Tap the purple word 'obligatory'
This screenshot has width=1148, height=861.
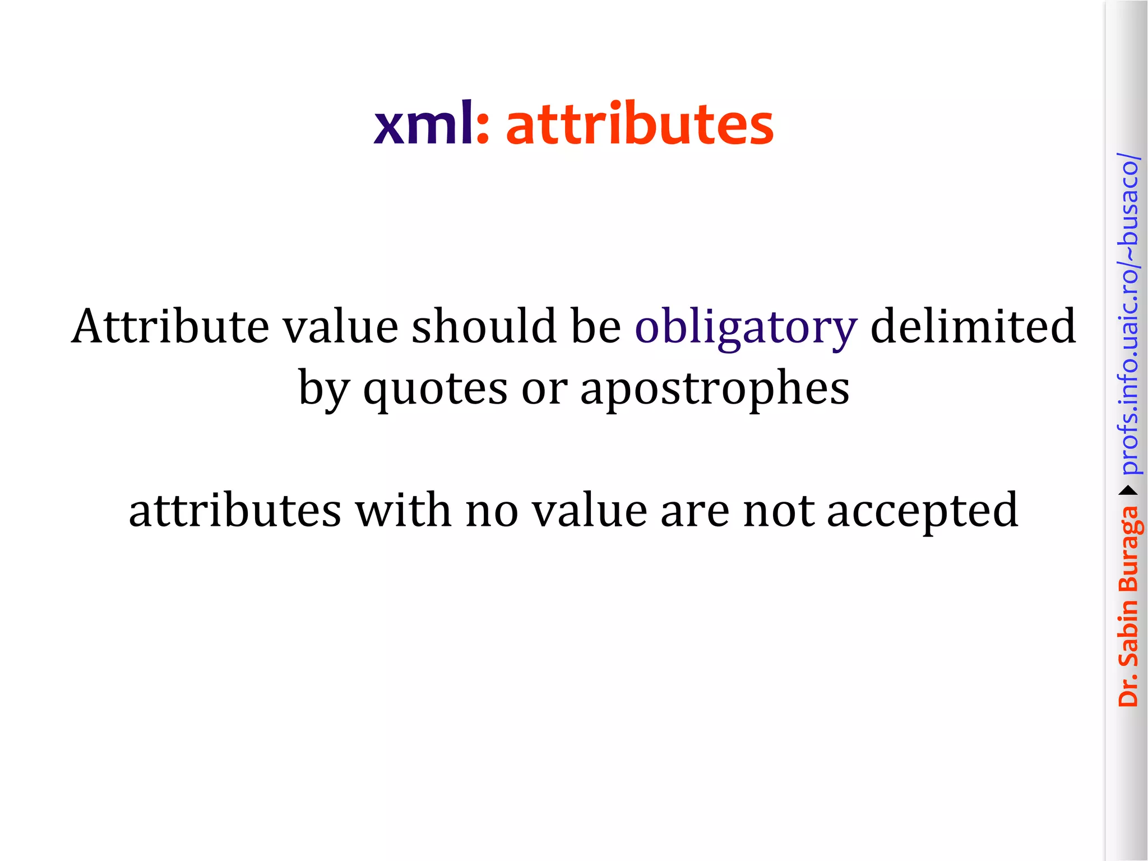[746, 327]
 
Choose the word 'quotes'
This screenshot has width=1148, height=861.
[436, 390]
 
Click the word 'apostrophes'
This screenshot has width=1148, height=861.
[715, 390]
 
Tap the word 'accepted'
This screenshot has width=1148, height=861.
[923, 511]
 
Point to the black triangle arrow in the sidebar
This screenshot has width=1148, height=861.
[1129, 491]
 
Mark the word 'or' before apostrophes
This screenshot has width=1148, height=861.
[544, 390]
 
